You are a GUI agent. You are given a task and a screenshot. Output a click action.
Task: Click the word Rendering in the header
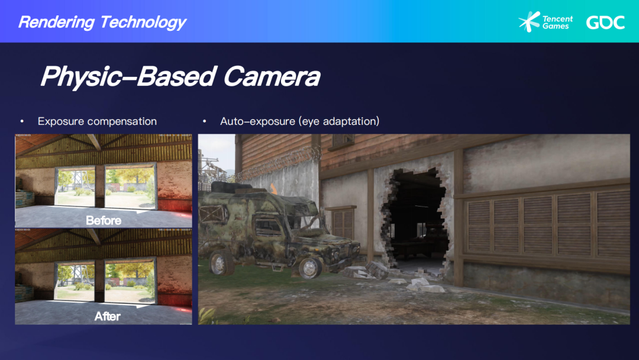(x=56, y=22)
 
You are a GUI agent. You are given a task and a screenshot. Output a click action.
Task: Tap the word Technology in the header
(x=143, y=22)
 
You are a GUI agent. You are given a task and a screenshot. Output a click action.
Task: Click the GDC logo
(x=606, y=22)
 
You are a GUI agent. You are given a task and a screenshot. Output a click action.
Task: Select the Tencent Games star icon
(x=529, y=21)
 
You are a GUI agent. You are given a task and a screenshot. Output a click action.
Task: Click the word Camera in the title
(x=272, y=76)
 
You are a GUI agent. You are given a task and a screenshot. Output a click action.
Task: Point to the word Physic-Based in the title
(x=128, y=76)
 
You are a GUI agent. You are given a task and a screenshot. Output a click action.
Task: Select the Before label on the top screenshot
(x=104, y=221)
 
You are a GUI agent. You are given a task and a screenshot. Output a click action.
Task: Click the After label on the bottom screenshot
(x=108, y=316)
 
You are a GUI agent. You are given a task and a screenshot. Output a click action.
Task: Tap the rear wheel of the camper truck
(x=221, y=262)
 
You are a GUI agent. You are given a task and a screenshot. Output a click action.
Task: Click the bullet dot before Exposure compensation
(x=22, y=121)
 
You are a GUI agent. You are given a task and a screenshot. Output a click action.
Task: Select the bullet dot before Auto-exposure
(x=205, y=121)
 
